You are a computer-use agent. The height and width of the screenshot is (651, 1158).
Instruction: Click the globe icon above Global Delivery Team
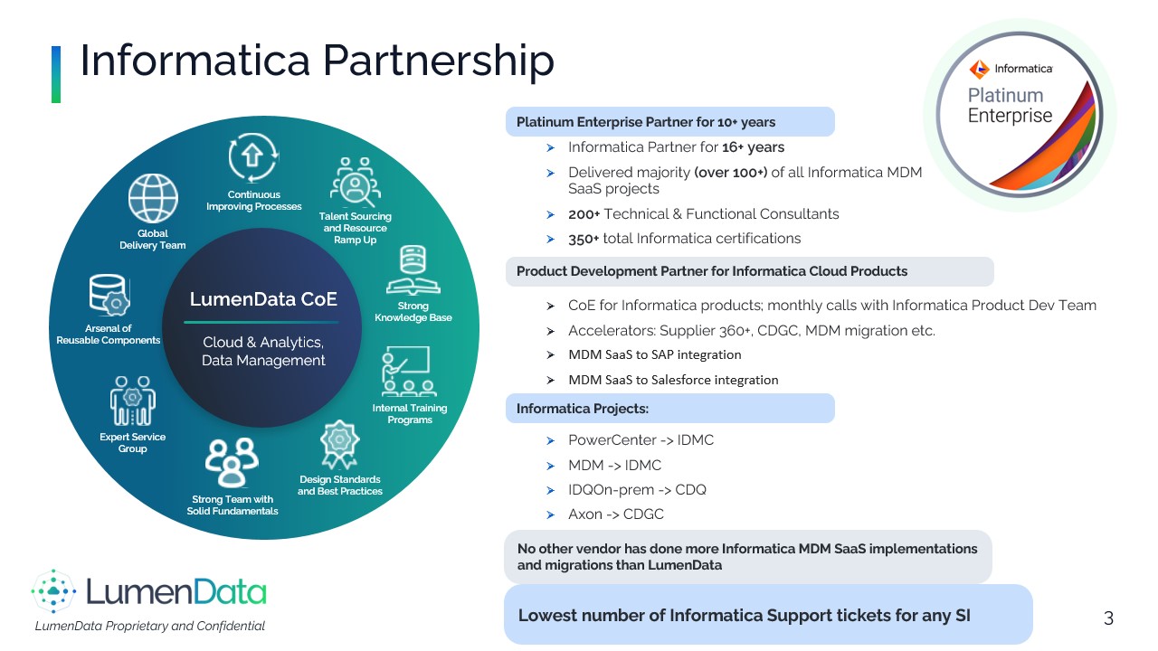153,199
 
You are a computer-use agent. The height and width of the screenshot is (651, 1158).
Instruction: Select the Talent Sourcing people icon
355,183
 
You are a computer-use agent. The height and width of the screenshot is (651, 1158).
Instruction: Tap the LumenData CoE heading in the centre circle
262,299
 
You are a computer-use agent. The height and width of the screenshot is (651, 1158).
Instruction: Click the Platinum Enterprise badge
1020,115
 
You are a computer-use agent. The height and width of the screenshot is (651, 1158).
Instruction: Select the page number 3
1108,618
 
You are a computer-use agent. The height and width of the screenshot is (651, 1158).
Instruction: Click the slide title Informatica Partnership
317,61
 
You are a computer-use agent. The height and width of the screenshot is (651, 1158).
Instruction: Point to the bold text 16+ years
753,147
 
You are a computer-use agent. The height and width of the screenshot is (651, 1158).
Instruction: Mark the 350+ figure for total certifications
584,239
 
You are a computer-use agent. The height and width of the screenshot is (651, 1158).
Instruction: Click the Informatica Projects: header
583,409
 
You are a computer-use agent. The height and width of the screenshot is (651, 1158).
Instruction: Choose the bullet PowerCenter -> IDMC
641,440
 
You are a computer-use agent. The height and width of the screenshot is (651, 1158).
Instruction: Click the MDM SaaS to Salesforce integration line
673,380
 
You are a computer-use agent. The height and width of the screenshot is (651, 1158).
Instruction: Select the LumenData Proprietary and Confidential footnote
149,626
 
